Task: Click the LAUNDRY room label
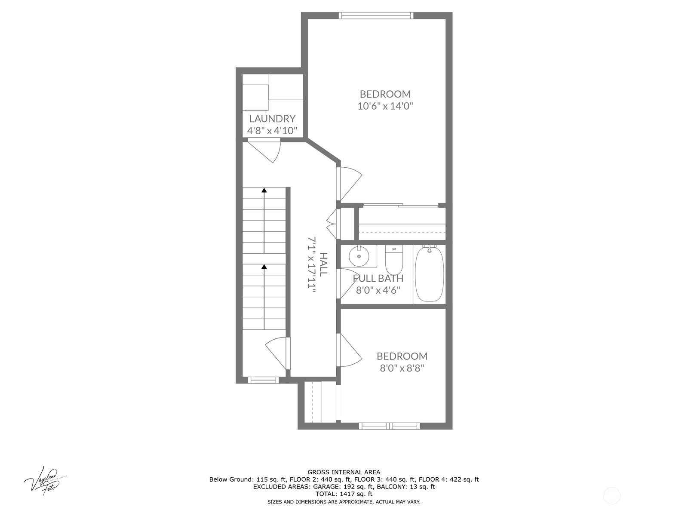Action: (272, 119)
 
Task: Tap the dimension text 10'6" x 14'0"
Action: (385, 106)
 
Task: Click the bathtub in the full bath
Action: (429, 274)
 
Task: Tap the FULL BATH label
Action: (378, 278)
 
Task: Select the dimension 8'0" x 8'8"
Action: (402, 368)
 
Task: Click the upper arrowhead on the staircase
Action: (264, 190)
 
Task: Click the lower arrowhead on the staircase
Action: (264, 267)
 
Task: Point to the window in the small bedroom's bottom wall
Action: (390, 426)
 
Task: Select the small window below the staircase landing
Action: (263, 380)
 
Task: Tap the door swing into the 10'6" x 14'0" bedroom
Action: (349, 183)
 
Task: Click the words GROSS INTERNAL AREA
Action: (344, 472)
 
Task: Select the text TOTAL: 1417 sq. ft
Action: (344, 494)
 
